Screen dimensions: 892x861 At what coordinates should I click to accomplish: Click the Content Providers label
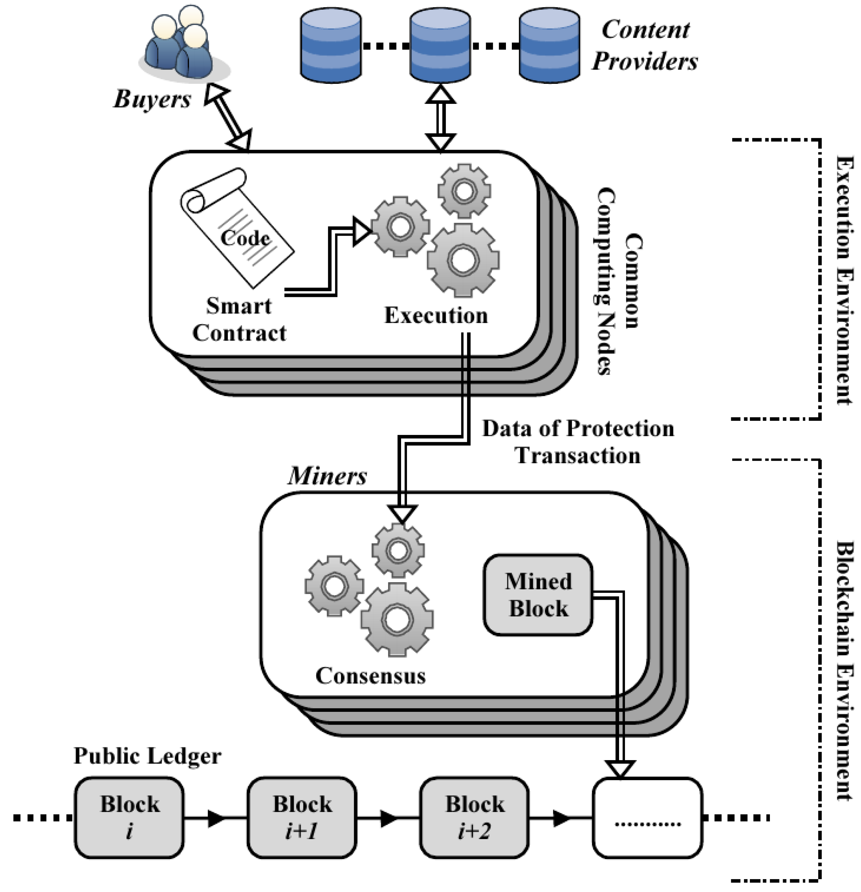(x=645, y=45)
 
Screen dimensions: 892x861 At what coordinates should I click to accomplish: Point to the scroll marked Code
(x=237, y=228)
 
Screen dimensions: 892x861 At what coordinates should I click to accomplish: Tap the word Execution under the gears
(x=436, y=315)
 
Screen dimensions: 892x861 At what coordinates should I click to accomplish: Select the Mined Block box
(x=538, y=595)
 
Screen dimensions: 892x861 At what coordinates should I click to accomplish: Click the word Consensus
(x=371, y=676)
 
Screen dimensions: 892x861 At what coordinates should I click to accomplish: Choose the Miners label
(x=327, y=476)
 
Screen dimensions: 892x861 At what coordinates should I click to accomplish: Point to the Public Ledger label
(x=147, y=756)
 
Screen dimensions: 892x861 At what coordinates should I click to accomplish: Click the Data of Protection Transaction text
(x=578, y=442)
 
